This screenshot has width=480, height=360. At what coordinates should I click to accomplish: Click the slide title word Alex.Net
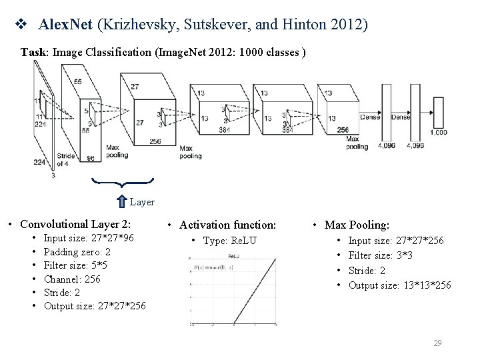coord(67,25)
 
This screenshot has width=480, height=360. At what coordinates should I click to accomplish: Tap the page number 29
coord(437,343)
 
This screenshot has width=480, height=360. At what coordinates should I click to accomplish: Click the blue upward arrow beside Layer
coord(122,201)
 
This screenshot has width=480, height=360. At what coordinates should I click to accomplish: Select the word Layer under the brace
coord(142,201)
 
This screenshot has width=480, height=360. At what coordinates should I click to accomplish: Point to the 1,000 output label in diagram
coord(439,132)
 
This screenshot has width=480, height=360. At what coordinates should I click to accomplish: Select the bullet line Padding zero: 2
coord(77,253)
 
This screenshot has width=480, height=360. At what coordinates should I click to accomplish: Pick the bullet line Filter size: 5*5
coord(75,266)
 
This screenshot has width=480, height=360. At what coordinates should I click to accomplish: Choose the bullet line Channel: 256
coord(72,279)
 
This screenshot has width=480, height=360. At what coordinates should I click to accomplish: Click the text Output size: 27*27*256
coord(95,306)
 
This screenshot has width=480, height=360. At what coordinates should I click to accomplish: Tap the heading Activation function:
coord(227,225)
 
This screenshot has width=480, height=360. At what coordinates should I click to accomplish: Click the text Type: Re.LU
coord(228,240)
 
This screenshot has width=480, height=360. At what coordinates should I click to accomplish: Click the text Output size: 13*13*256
coord(399,285)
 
